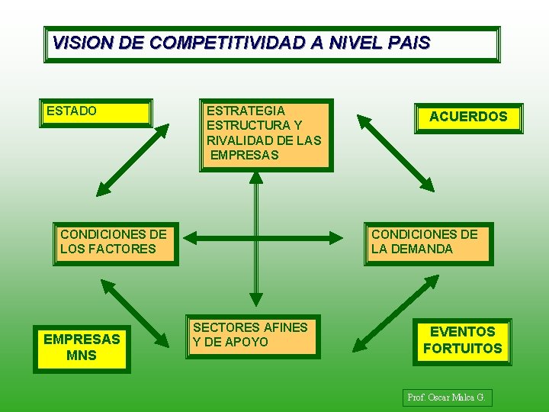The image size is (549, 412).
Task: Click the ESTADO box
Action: [95, 112]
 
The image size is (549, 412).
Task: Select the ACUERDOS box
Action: [468, 117]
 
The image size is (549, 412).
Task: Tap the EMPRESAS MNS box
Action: [82, 347]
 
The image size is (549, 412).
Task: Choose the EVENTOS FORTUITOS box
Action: [463, 340]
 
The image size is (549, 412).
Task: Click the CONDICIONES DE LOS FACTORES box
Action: [114, 243]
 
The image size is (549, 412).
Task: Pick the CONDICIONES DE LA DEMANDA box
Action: [427, 243]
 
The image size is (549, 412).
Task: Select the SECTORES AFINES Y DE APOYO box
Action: [252, 336]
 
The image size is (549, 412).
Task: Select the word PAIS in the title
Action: [409, 43]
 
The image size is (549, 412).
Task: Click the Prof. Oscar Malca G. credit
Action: [447, 398]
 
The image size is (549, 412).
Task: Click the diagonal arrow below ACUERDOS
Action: [396, 153]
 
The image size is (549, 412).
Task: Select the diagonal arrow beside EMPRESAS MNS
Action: [135, 313]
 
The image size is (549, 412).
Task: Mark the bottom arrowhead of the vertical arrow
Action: [256, 300]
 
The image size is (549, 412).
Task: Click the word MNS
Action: [82, 355]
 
